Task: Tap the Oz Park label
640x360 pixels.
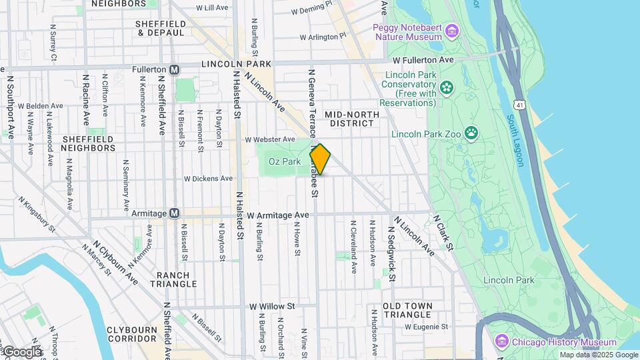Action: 285,161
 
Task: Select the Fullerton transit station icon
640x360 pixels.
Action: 175,69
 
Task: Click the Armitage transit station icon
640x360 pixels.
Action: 175,213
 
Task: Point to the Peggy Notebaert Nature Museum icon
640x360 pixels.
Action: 453,31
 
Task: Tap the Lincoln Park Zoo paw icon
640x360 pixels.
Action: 472,132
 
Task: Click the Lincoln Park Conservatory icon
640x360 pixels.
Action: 446,87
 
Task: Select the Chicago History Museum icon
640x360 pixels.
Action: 503,342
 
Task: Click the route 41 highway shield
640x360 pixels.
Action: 519,105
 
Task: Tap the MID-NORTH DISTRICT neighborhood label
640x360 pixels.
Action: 352,119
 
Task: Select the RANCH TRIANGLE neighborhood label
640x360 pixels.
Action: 177,279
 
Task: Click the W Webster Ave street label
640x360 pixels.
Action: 269,139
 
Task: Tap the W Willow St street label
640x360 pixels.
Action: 272,306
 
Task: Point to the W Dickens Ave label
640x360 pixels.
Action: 208,179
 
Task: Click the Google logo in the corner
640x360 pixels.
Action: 21,351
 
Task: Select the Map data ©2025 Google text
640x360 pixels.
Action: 598,355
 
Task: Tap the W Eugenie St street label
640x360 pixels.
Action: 426,327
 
